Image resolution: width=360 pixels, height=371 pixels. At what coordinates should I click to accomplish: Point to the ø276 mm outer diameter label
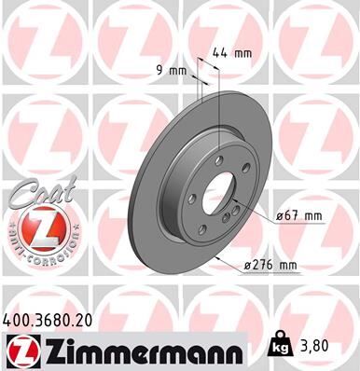point(270,265)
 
